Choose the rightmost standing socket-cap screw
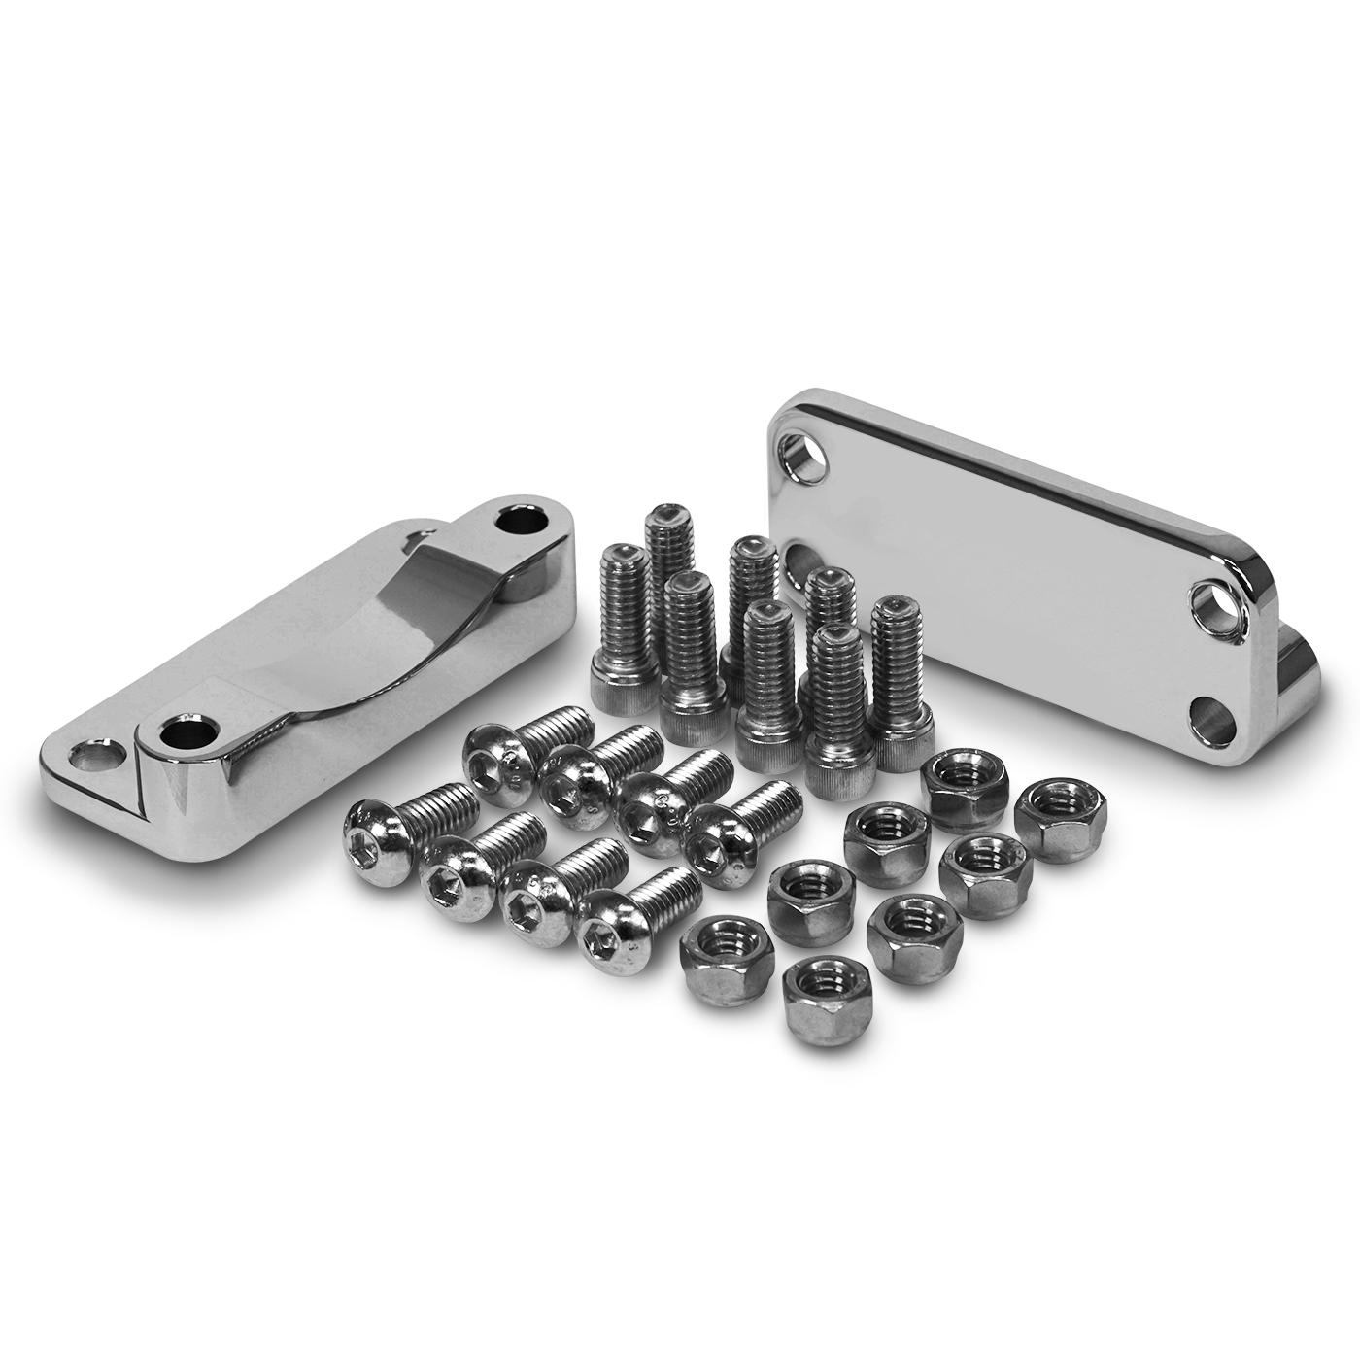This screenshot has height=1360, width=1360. coord(900,680)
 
